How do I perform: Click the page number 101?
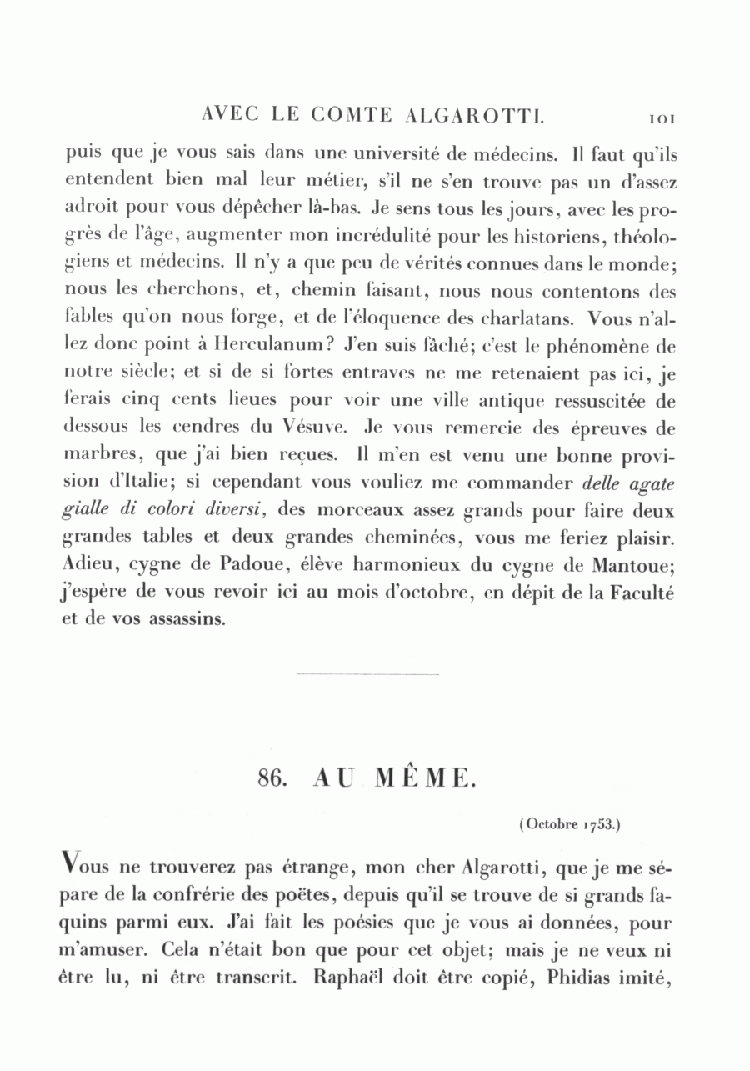(x=662, y=118)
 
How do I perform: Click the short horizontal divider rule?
(x=367, y=674)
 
